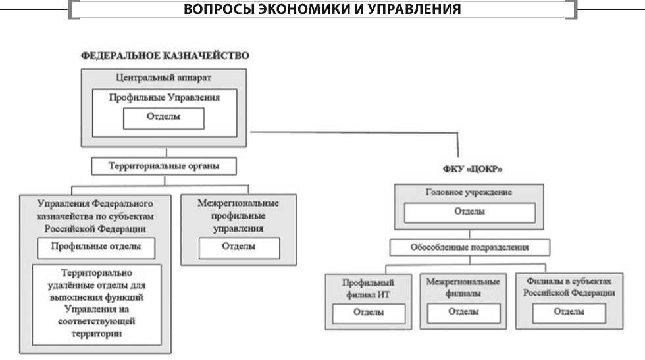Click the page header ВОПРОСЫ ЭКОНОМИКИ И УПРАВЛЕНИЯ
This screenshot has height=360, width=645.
pyautogui.click(x=322, y=9)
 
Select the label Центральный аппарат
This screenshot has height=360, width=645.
pyautogui.click(x=165, y=78)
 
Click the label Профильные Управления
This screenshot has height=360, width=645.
pyautogui.click(x=164, y=97)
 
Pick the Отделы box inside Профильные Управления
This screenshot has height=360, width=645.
pyautogui.click(x=164, y=118)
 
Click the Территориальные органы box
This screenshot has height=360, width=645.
pyautogui.click(x=164, y=166)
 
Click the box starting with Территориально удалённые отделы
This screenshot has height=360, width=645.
pyautogui.click(x=97, y=303)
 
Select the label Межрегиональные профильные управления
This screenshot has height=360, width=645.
pyautogui.click(x=238, y=216)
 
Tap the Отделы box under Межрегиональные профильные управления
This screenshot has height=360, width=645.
pyautogui.click(x=238, y=247)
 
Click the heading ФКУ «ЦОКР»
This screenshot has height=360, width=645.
pyautogui.click(x=469, y=169)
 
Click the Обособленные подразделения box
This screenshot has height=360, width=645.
pyautogui.click(x=469, y=247)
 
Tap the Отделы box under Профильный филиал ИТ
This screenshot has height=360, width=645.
pyautogui.click(x=368, y=313)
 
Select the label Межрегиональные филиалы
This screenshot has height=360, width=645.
pyautogui.click(x=463, y=287)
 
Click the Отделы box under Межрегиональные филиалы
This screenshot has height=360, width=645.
pyautogui.click(x=463, y=312)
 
